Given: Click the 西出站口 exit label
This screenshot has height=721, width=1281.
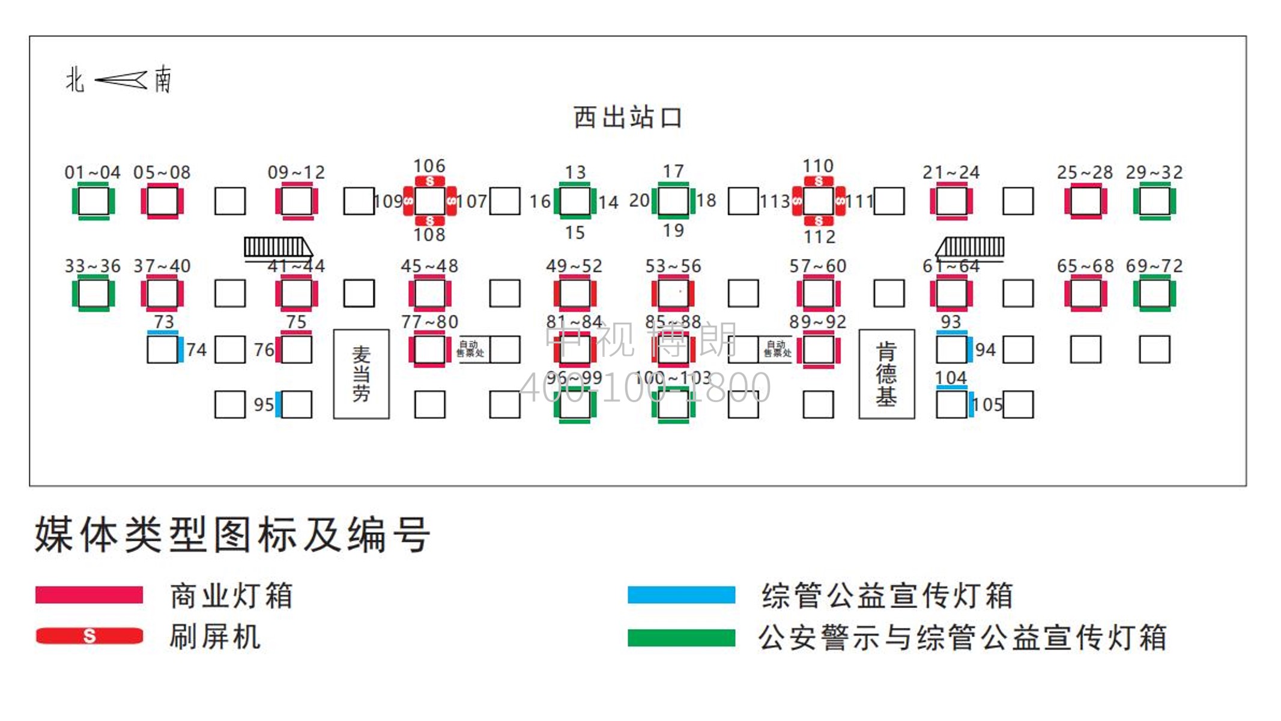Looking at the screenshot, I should [628, 117].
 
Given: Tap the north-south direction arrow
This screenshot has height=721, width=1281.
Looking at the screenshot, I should [121, 80].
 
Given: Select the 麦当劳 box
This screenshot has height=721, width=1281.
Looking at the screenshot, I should [361, 374].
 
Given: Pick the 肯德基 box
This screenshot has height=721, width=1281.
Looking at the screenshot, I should [886, 374].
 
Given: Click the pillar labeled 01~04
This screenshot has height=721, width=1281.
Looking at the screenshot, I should [93, 201].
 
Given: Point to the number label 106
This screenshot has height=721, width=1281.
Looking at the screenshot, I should [429, 166].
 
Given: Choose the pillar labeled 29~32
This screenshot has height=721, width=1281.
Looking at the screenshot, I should [1154, 201].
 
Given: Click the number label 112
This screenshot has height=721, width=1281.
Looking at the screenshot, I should [820, 237].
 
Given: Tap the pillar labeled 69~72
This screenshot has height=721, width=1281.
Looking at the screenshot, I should [1154, 294].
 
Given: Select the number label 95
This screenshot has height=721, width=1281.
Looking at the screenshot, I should [264, 405].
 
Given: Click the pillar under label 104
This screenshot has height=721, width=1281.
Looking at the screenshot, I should [951, 404].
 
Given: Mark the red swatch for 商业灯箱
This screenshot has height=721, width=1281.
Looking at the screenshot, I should [89, 595].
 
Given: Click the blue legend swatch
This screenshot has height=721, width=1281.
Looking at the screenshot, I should [681, 595].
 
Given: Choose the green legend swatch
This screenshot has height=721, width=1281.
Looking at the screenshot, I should [681, 637].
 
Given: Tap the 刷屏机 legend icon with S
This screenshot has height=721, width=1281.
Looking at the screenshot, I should [89, 636].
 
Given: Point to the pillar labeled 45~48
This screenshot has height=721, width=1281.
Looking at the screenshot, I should [429, 294].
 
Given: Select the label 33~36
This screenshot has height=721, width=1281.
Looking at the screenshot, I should [92, 266].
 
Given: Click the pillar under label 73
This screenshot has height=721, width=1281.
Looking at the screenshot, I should [162, 350].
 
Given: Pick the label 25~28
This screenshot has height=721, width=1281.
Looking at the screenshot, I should [1085, 172].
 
